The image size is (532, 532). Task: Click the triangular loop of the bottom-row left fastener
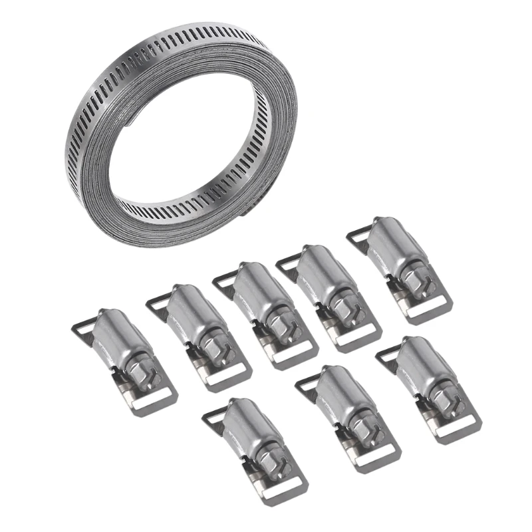pos(215,416)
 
